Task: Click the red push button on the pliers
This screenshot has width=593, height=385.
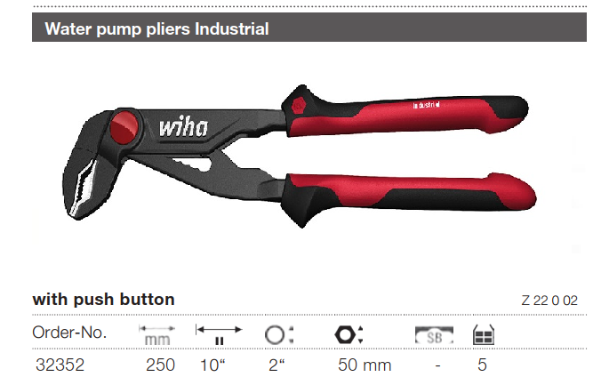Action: (124, 127)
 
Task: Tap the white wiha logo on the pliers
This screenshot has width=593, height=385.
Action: (183, 126)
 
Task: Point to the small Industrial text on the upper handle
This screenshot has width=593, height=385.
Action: (426, 105)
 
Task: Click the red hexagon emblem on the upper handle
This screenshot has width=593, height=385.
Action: (299, 106)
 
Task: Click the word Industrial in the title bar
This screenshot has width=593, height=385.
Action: (232, 28)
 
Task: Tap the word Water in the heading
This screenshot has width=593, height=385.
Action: (68, 28)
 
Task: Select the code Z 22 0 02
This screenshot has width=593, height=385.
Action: (549, 301)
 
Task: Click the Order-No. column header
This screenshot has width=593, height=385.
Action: (69, 333)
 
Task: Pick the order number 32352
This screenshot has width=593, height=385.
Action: (60, 365)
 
